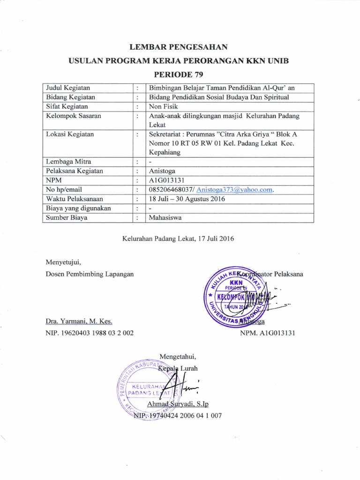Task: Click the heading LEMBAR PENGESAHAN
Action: click(x=180, y=46)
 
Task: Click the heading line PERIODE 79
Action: click(x=180, y=74)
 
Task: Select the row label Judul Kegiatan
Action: click(x=68, y=88)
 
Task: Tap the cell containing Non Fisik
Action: click(x=162, y=106)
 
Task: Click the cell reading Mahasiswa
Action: click(x=165, y=217)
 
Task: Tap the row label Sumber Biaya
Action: click(x=66, y=217)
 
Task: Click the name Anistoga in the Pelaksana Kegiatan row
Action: click(x=162, y=171)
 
